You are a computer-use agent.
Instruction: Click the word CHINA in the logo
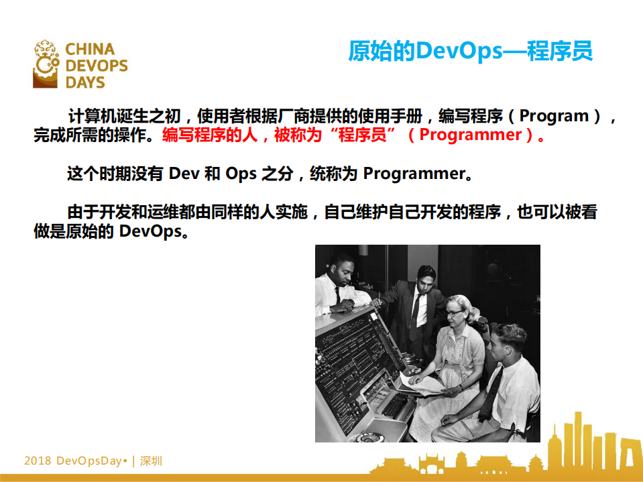pyautogui.click(x=90, y=50)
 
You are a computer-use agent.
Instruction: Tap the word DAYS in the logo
pyautogui.click(x=85, y=82)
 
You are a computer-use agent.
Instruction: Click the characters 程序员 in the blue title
pyautogui.click(x=559, y=51)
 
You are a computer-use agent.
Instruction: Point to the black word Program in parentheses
pyautogui.click(x=554, y=115)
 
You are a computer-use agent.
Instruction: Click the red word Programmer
pyautogui.click(x=471, y=135)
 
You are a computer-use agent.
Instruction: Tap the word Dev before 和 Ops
pyautogui.click(x=184, y=174)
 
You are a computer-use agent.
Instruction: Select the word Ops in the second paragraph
pyautogui.click(x=241, y=174)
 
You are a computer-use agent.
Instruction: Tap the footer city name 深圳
pyautogui.click(x=151, y=461)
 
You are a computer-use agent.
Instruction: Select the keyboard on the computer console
pyautogui.click(x=396, y=406)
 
